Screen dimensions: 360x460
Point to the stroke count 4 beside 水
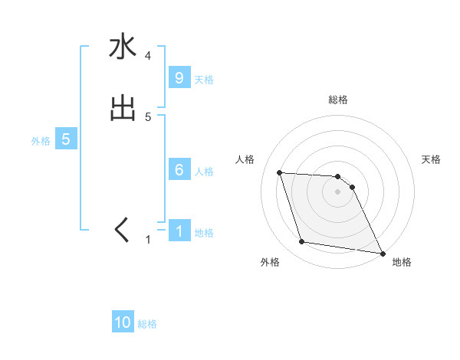coord(148,56)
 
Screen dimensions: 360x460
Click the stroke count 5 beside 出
coord(148,117)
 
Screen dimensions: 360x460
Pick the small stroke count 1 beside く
coord(148,240)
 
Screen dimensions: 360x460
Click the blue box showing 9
coord(179,77)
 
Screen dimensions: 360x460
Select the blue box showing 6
coord(179,170)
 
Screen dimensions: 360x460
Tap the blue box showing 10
coord(123,322)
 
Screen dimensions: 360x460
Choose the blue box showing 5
coord(66,139)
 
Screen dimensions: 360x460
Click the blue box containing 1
coord(179,231)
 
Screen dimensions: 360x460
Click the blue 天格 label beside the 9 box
coord(204,79)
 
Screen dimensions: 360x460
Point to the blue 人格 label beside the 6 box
coord(204,172)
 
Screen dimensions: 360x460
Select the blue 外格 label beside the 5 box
coord(41,141)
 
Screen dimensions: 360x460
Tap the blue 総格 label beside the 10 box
coord(147,324)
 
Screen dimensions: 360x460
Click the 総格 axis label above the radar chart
coord(338,100)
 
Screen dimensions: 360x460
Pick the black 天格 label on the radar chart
coord(431,159)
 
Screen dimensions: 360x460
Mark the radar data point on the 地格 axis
coord(382,253)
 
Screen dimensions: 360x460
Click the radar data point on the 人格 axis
coord(280,172)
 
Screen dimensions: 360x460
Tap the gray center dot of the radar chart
coord(338,192)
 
